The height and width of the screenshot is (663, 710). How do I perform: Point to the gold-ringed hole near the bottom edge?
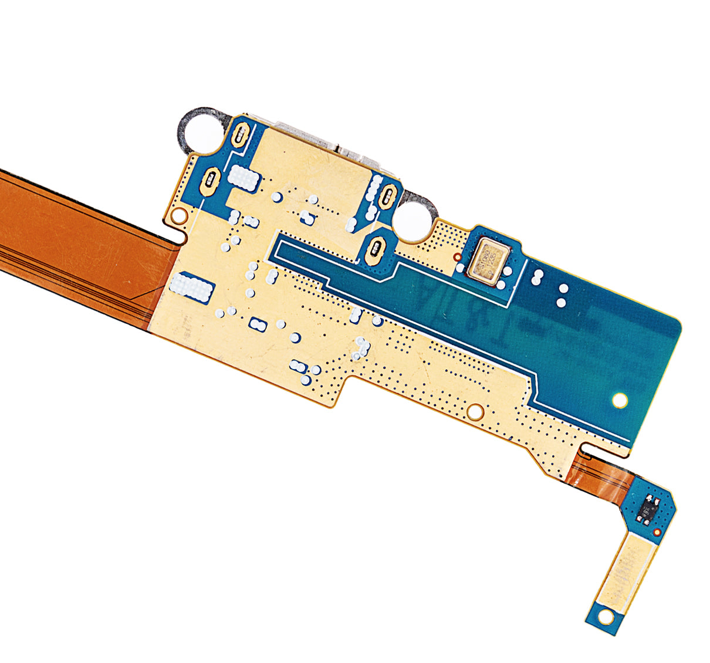coord(476,411)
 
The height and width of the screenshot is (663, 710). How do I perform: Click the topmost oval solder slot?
coord(241,136)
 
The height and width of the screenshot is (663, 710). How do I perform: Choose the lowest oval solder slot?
coord(375,248)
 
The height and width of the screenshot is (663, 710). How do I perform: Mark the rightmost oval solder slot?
coord(389,195)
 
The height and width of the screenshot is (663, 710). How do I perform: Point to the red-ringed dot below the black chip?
coord(657,532)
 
